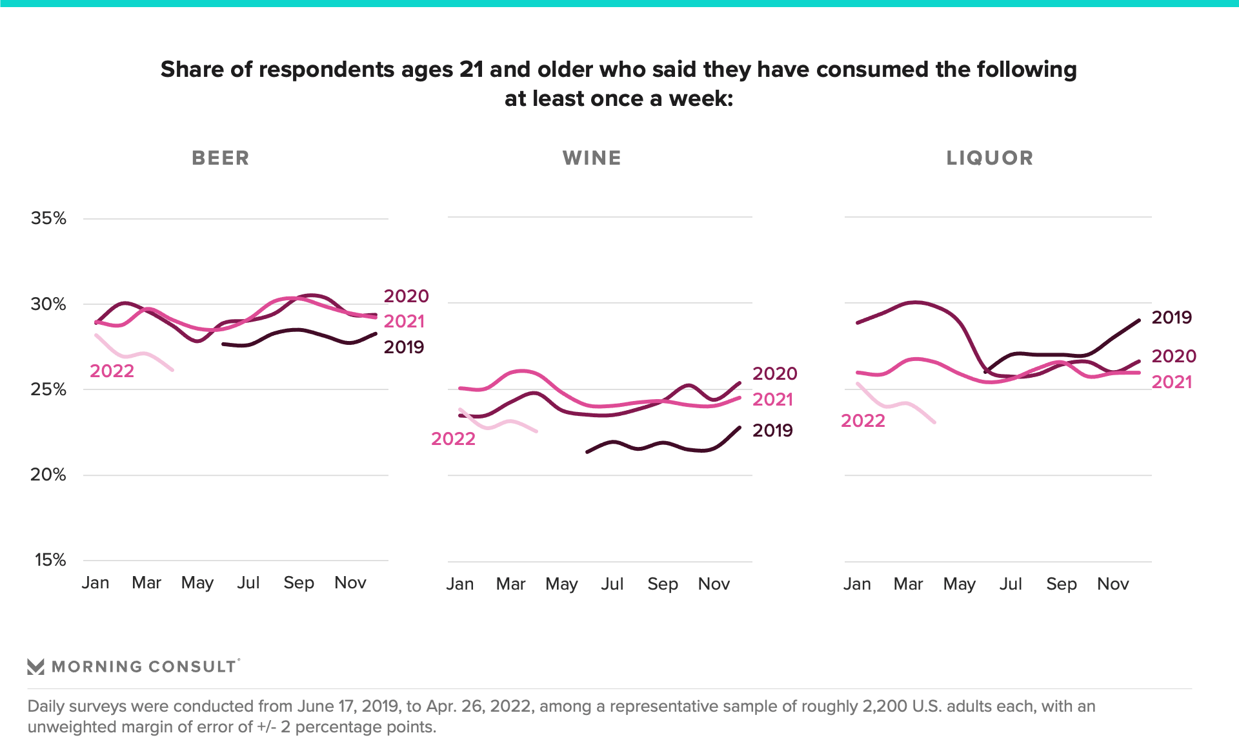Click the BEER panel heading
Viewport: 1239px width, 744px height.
tap(220, 158)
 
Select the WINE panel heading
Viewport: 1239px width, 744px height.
tap(592, 158)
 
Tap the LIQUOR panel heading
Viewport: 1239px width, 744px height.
tap(989, 158)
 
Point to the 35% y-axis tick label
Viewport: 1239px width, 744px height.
tap(48, 218)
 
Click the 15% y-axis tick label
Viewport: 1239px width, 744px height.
tap(50, 560)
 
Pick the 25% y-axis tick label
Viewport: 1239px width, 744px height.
tap(48, 389)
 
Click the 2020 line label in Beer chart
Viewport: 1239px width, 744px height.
tap(406, 296)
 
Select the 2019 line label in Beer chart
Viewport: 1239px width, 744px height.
tap(404, 347)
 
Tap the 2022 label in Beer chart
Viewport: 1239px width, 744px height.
tap(112, 371)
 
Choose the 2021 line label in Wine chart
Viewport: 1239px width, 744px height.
tap(772, 400)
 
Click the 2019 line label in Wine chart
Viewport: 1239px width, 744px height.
tap(772, 431)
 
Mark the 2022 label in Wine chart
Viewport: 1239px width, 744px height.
tap(453, 439)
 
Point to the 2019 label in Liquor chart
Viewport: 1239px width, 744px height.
tap(1171, 318)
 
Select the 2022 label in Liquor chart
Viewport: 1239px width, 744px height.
tap(863, 421)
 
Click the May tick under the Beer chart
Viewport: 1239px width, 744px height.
tap(197, 583)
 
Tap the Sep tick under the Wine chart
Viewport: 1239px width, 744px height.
tap(663, 584)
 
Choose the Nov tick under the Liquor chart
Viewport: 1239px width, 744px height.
tap(1113, 584)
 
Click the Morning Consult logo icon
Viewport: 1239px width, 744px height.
tap(36, 666)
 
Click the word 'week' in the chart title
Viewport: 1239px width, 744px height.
tap(700, 99)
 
